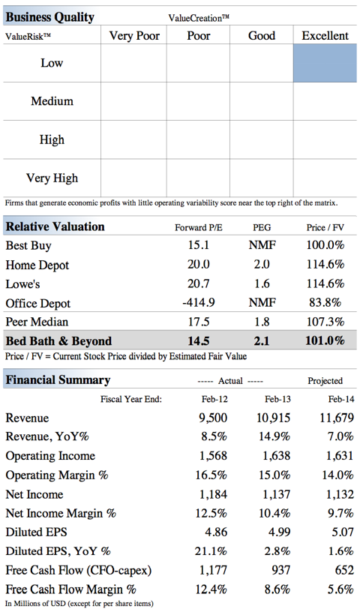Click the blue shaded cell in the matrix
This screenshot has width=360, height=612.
click(x=325, y=63)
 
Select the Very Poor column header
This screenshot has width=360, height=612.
click(x=134, y=36)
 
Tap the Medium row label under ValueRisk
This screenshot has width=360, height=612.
click(x=52, y=101)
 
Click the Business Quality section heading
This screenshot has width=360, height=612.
click(x=50, y=17)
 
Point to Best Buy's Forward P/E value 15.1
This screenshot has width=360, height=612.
click(x=198, y=245)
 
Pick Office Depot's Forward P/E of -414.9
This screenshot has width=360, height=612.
click(x=198, y=302)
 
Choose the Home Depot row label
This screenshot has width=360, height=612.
click(x=37, y=265)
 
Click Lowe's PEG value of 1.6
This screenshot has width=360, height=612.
click(x=262, y=283)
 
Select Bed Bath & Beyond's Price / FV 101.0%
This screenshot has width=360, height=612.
click(x=325, y=340)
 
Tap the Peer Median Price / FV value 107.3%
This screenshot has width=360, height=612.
click(x=325, y=322)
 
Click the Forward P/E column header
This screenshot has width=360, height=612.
click(x=198, y=227)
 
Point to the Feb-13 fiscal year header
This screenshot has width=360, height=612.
click(x=277, y=399)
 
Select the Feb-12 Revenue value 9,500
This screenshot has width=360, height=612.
click(x=213, y=418)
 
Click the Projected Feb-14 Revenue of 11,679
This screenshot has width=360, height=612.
click(x=337, y=418)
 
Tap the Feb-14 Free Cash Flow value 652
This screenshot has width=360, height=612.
click(x=344, y=570)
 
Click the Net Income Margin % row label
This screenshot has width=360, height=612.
click(x=61, y=513)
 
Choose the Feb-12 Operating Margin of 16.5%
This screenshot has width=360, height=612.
click(x=211, y=475)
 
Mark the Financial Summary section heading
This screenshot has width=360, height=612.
click(x=58, y=379)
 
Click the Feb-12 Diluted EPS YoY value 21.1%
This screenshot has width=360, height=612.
click(x=211, y=551)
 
